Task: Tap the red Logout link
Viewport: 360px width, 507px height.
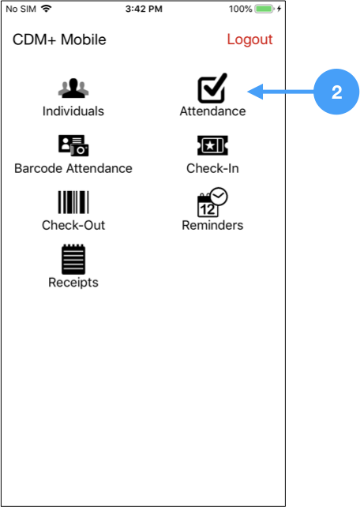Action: (249, 40)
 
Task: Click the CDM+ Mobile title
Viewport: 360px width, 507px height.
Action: (59, 39)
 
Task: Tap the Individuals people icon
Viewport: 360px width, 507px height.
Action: (73, 88)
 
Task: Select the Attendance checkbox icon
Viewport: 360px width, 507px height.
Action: (212, 88)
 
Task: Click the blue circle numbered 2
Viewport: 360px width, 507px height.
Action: (336, 92)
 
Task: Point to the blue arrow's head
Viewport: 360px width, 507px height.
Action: (248, 92)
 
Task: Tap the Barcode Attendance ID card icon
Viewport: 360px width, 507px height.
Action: (73, 145)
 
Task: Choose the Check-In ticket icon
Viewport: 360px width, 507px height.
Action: (212, 145)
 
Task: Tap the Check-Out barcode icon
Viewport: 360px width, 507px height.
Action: (73, 202)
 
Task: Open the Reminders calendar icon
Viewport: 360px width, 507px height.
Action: (212, 202)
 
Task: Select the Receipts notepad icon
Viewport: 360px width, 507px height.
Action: (73, 259)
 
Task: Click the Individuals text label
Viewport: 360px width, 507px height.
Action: (73, 111)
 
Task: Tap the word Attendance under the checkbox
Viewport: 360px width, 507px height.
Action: (212, 111)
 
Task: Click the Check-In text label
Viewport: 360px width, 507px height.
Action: (212, 168)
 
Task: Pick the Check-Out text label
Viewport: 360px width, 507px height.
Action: (73, 225)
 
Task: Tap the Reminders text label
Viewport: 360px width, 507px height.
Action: (212, 225)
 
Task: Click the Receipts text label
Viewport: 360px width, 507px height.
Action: (73, 283)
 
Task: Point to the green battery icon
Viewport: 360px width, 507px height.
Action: (264, 9)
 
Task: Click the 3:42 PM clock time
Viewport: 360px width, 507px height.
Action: (144, 9)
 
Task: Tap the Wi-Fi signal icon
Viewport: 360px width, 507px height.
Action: (47, 9)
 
